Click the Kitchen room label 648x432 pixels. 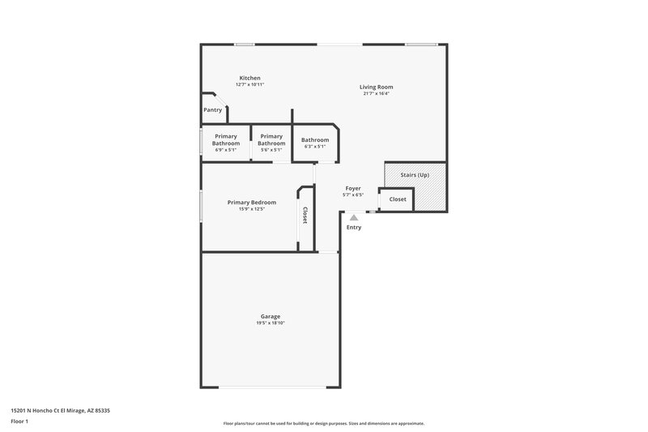(249, 78)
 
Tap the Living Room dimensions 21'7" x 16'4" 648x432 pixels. (377, 93)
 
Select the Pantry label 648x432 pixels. (212, 109)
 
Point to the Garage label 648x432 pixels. (271, 316)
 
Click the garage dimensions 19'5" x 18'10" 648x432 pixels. (271, 323)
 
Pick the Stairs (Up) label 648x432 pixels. (415, 175)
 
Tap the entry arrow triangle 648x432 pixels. (353, 216)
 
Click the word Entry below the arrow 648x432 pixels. (354, 227)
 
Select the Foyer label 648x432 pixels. (353, 188)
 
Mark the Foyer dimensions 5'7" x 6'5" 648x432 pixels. (353, 195)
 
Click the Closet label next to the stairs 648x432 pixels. (398, 199)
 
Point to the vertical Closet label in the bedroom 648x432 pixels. (305, 216)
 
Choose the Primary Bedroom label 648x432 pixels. (252, 203)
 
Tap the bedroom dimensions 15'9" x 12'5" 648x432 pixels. (252, 209)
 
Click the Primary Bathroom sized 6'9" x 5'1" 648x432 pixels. (226, 140)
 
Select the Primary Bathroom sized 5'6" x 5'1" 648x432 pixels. (271, 140)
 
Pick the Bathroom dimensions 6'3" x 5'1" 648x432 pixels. (314, 147)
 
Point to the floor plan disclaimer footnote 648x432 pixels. (323, 423)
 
